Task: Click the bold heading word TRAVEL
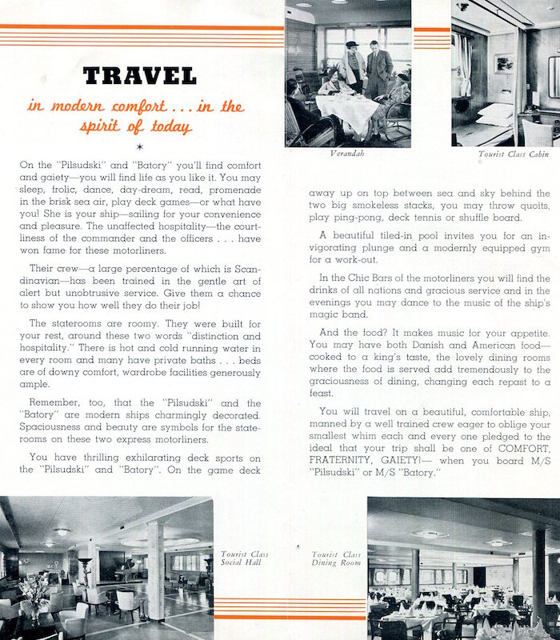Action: (139, 77)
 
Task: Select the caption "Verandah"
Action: (347, 153)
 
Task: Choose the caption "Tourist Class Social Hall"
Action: (246, 558)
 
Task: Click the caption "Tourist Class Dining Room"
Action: (336, 558)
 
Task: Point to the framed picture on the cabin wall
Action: (504, 62)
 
